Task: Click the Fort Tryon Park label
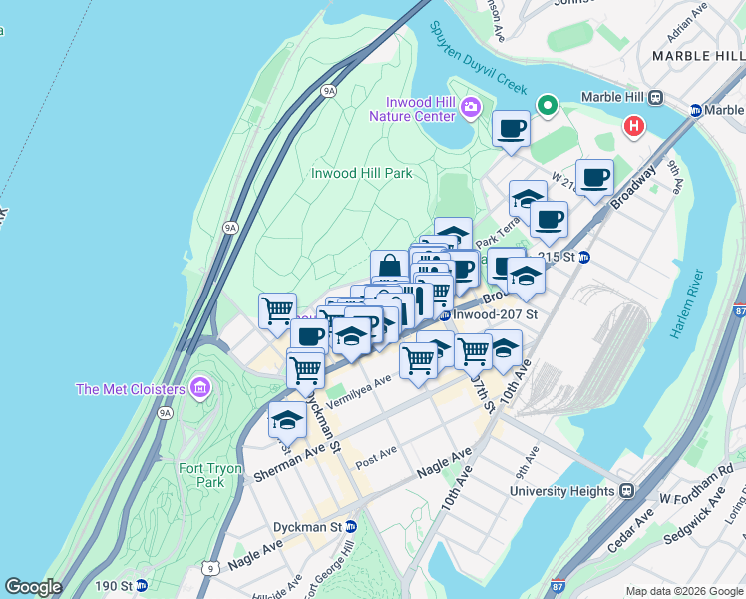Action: pyautogui.click(x=202, y=474)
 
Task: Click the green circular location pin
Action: pyautogui.click(x=547, y=104)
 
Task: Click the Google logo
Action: pyautogui.click(x=33, y=587)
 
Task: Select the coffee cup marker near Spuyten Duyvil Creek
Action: pyautogui.click(x=511, y=129)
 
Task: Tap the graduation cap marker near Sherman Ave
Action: pyautogui.click(x=287, y=420)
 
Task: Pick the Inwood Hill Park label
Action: pyautogui.click(x=361, y=173)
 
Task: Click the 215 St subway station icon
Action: pyautogui.click(x=584, y=257)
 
